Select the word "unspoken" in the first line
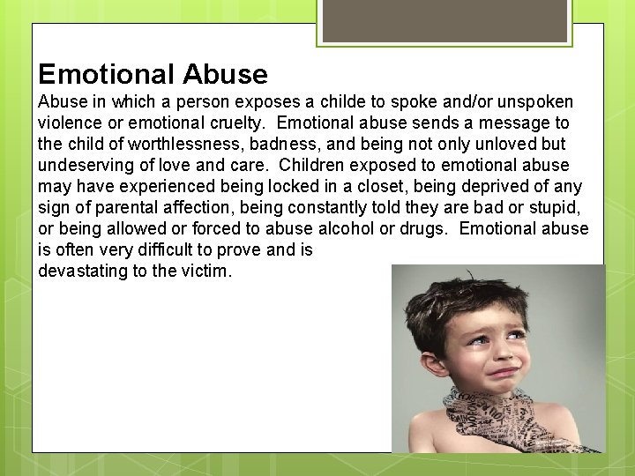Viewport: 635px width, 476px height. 536,101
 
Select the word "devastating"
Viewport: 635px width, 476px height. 83,271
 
